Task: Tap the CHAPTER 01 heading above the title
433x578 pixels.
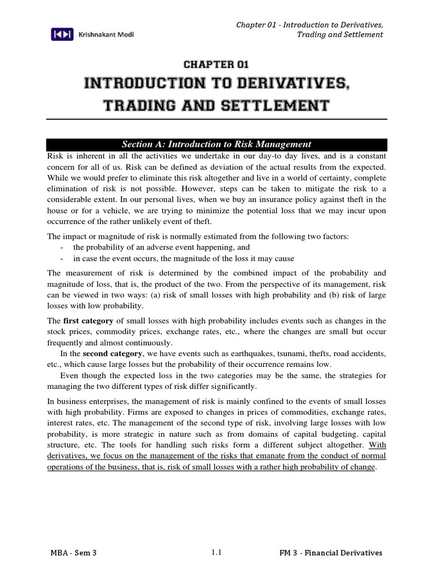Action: (x=216, y=65)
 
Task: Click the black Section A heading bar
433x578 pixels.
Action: (x=216, y=144)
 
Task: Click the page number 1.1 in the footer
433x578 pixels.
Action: (x=216, y=553)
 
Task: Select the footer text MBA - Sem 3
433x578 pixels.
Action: (x=73, y=553)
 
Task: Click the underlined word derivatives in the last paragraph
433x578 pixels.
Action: (x=67, y=456)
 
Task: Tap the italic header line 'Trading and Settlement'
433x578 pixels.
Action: (x=339, y=34)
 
